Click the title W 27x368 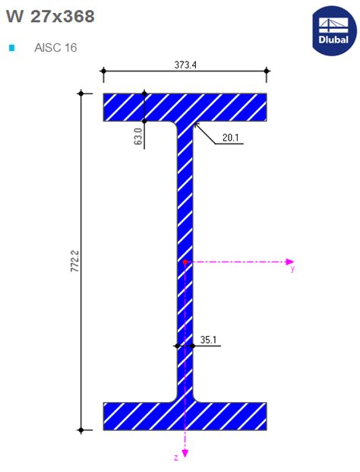pyautogui.click(x=50, y=16)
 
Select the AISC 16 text pyautogui.click(x=55, y=48)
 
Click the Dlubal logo pyautogui.click(x=333, y=30)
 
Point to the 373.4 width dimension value pyautogui.click(x=185, y=65)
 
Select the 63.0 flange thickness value pyautogui.click(x=138, y=138)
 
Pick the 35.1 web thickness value pyautogui.click(x=209, y=340)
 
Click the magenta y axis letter pyautogui.click(x=292, y=269)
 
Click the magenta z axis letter pyautogui.click(x=176, y=458)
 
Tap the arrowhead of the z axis pyautogui.click(x=185, y=455)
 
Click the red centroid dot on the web pyautogui.click(x=185, y=261)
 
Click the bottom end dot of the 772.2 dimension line pyautogui.click(x=81, y=430)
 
